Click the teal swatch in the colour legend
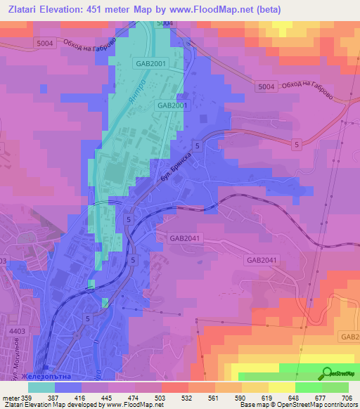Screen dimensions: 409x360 click(41, 387)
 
